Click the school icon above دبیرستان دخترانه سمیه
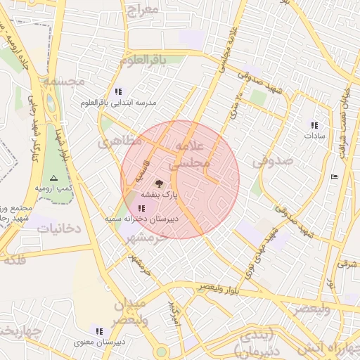(x=143, y=208)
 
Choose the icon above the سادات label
(x=314, y=125)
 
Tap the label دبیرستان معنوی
(x=100, y=342)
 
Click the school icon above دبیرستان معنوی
(x=99, y=331)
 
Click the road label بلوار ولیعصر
(x=219, y=288)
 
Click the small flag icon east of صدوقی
(x=333, y=176)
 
